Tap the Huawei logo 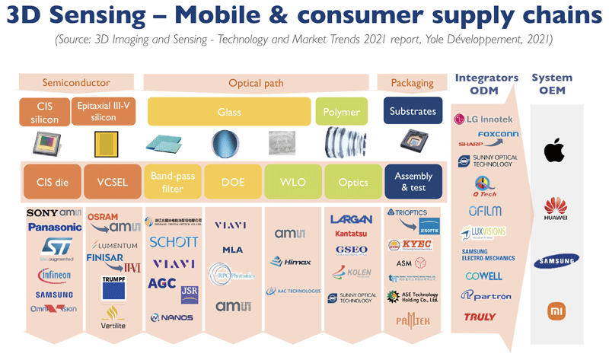(x=554, y=209)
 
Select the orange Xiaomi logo (x=555, y=311)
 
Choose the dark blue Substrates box (x=413, y=111)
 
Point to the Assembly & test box (x=413, y=182)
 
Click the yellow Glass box (x=229, y=112)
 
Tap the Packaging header (x=412, y=83)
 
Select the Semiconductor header (x=76, y=82)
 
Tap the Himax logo (x=292, y=262)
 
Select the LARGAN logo (x=351, y=220)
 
